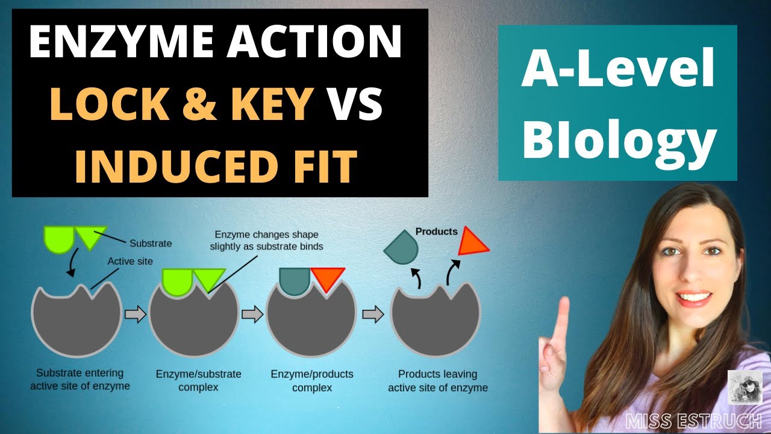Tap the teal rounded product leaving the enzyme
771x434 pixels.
pyautogui.click(x=402, y=247)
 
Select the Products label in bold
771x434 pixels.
pyautogui.click(x=437, y=231)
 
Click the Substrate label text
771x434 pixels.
pyautogui.click(x=151, y=244)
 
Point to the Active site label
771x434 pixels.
pyautogui.click(x=130, y=262)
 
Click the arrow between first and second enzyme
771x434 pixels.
pyautogui.click(x=136, y=314)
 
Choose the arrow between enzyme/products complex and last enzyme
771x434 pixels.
pyautogui.click(x=373, y=314)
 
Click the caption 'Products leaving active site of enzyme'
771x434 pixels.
pyautogui.click(x=438, y=381)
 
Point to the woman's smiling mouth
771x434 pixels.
pyautogui.click(x=693, y=297)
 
